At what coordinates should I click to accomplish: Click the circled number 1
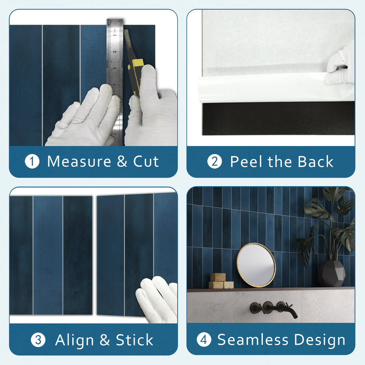coord(32,162)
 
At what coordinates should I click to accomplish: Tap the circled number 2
coord(215,162)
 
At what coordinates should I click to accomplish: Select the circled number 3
coord(38,340)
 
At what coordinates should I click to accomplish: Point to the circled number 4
coord(204,340)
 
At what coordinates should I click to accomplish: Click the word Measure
coord(79,161)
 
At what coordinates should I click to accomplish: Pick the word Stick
coord(135,340)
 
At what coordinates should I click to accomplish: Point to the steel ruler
coord(115,61)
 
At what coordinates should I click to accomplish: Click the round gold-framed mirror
coord(256,265)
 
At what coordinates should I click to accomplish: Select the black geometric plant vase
coord(331,274)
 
